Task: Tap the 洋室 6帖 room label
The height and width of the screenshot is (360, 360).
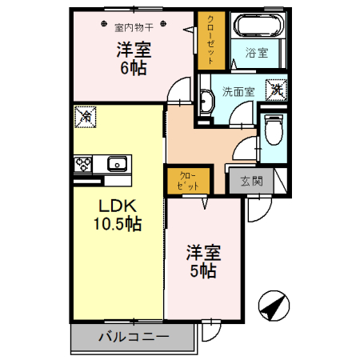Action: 133,58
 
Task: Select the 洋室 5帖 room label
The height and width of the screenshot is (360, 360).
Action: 202,261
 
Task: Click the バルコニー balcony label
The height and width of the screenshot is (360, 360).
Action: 133,337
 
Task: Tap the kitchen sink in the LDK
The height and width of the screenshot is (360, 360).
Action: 118,164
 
